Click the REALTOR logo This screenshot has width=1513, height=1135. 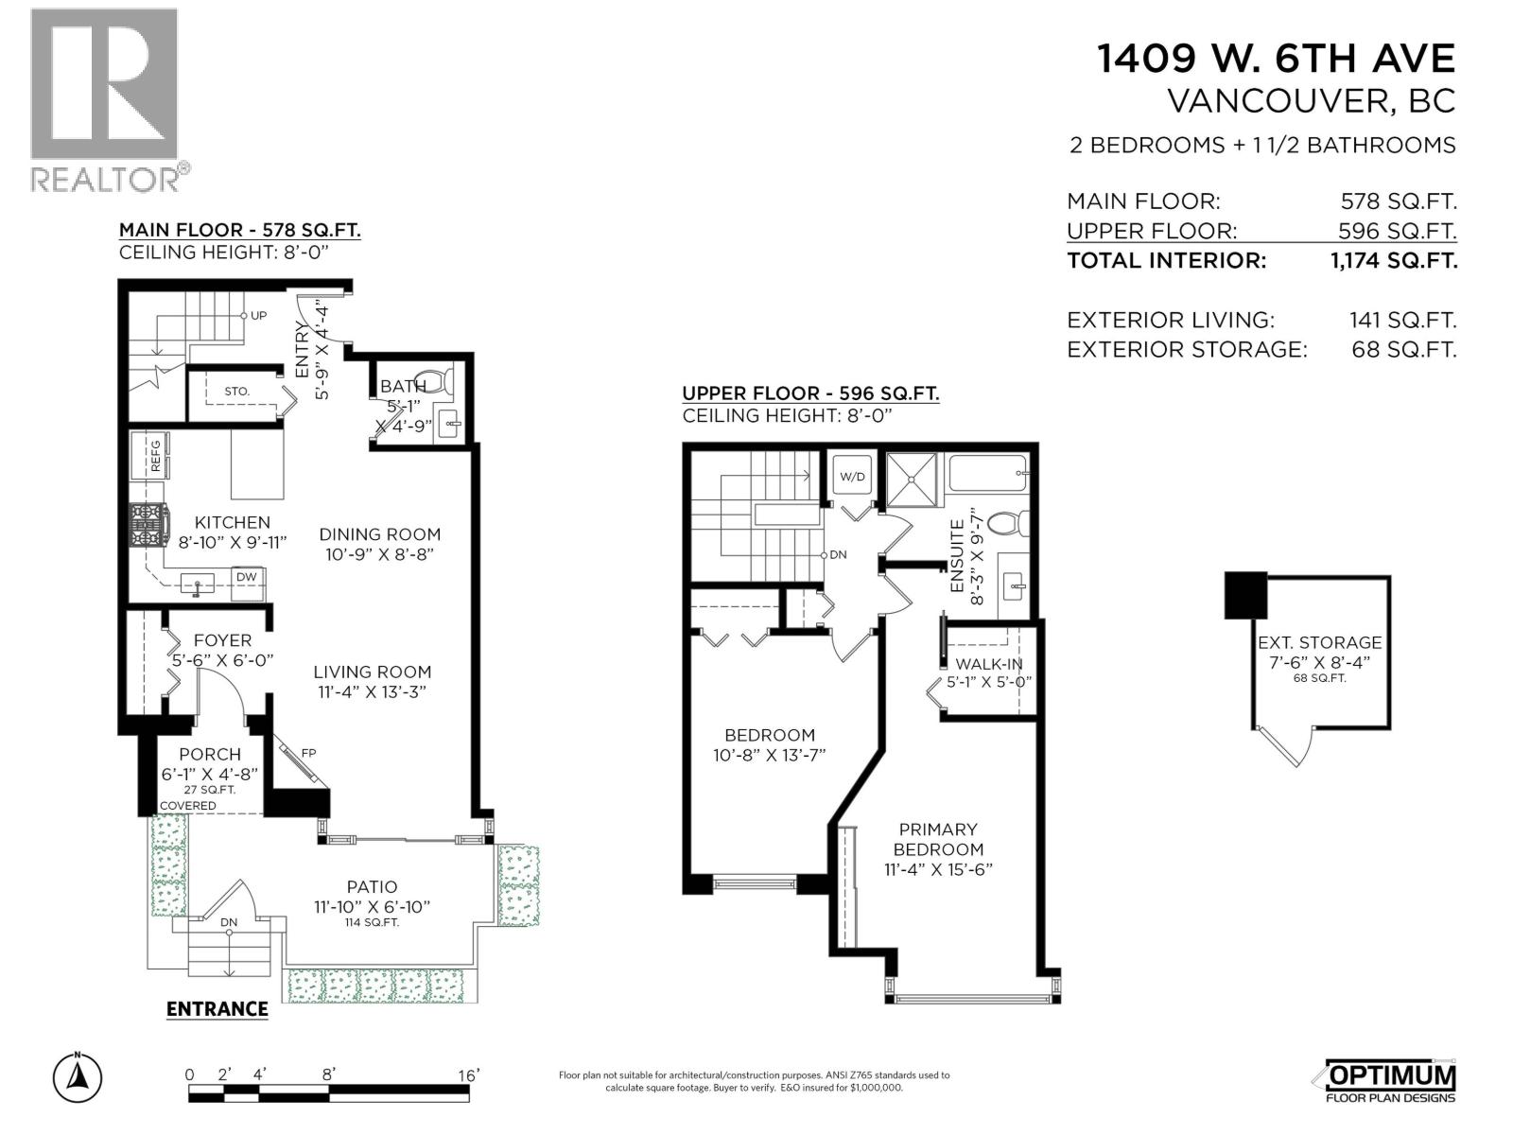tap(104, 99)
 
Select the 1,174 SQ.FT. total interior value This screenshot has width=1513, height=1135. tap(1393, 261)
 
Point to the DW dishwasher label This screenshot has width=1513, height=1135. tap(246, 577)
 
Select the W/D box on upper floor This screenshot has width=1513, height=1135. tap(852, 476)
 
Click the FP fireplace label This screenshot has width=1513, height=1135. tap(308, 753)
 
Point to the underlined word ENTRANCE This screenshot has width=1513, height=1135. tap(217, 1009)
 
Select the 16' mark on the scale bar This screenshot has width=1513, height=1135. tap(468, 1075)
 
